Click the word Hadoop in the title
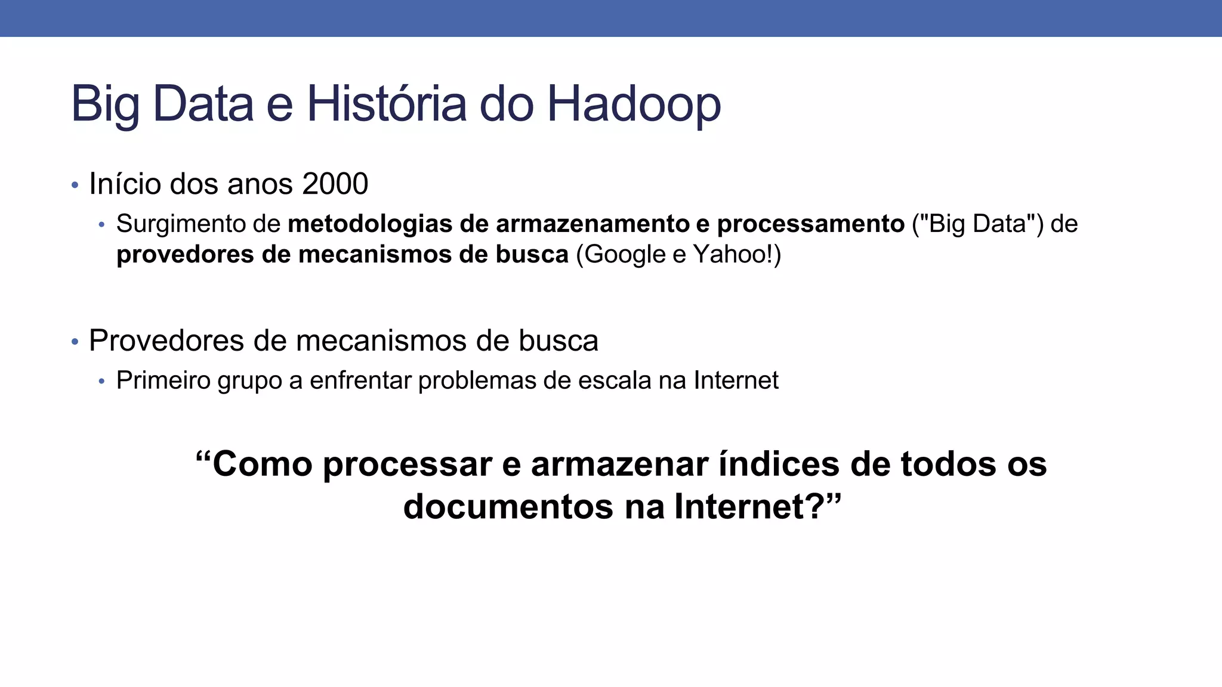[634, 104]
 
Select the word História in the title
[386, 104]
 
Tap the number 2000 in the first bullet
[335, 184]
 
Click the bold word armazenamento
[593, 224]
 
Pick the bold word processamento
[811, 224]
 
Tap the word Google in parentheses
[625, 255]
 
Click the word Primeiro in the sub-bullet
[163, 380]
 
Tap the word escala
[615, 380]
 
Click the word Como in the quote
[262, 464]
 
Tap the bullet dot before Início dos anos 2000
[75, 185]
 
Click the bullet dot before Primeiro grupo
[101, 382]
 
